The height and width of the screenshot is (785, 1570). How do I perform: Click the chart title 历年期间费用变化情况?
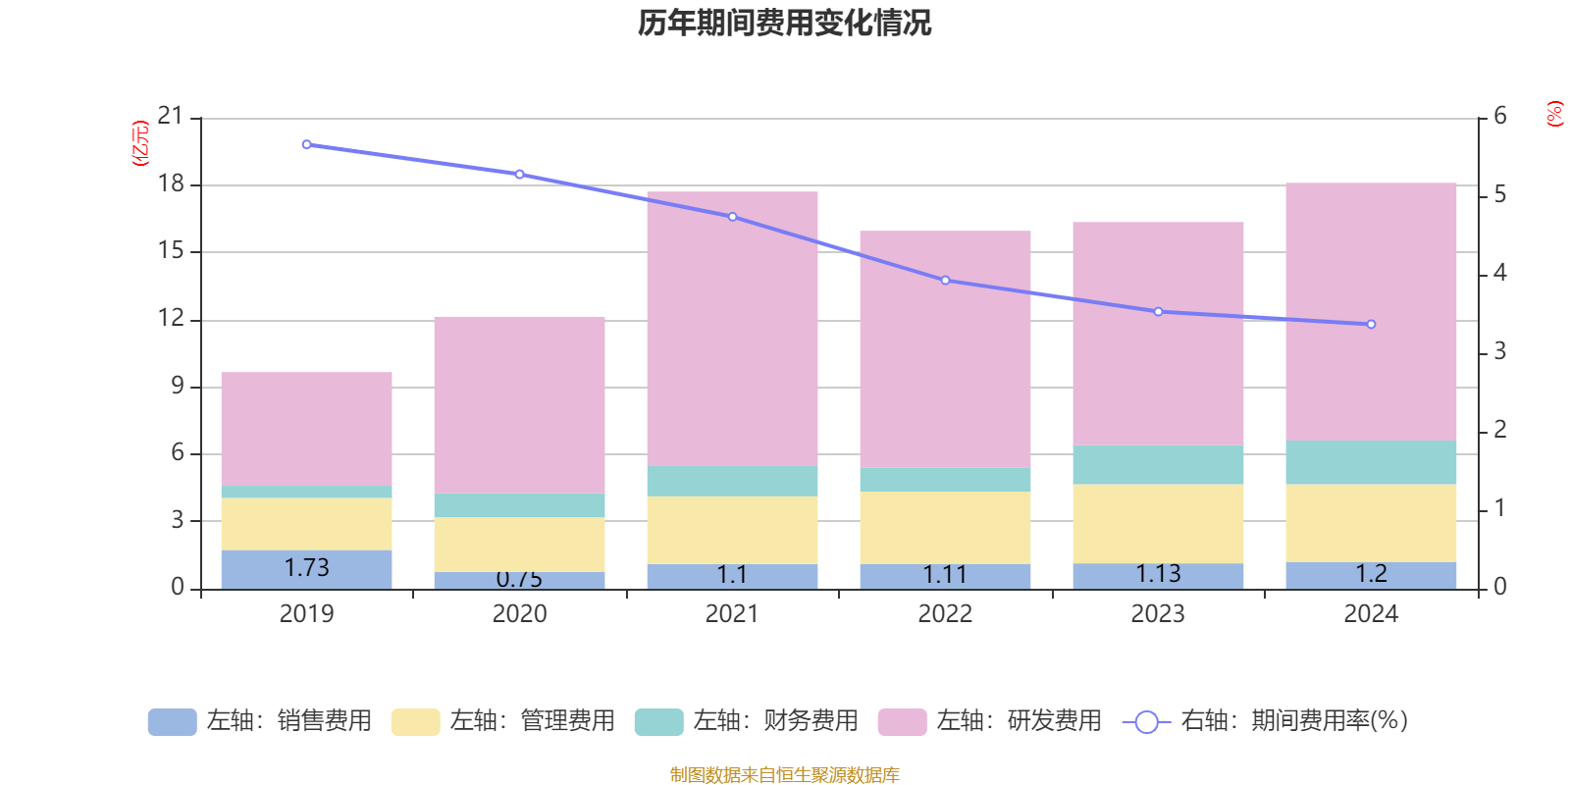point(784,23)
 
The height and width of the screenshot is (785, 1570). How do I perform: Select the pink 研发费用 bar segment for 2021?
point(732,329)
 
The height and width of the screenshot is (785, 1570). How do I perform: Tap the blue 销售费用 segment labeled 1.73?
point(306,568)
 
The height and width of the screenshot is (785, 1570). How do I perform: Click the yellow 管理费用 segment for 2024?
point(1371,522)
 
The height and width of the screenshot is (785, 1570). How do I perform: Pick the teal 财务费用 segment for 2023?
point(1158,464)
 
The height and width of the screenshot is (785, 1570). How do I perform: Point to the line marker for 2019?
point(306,144)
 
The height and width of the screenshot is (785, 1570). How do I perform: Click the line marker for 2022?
point(945,281)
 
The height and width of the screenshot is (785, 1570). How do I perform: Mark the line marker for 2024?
point(1371,324)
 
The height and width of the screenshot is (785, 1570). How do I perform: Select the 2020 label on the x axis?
point(519,614)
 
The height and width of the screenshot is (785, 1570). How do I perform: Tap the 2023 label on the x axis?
point(1158,614)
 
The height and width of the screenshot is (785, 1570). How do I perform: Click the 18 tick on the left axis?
point(171,183)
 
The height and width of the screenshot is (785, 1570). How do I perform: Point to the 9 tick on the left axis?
point(178,386)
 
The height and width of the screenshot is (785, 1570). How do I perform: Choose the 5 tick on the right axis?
point(1499,194)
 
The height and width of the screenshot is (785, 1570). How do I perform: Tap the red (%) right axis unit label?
point(1554,114)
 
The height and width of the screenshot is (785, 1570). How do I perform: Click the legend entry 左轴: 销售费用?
point(260,721)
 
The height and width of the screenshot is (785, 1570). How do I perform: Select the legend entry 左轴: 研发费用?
point(990,721)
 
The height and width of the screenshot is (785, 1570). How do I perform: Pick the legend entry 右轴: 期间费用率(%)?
point(1266,721)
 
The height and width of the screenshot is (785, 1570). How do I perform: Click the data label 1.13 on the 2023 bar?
point(1158,574)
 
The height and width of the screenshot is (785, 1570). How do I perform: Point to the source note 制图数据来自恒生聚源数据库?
point(784,775)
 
